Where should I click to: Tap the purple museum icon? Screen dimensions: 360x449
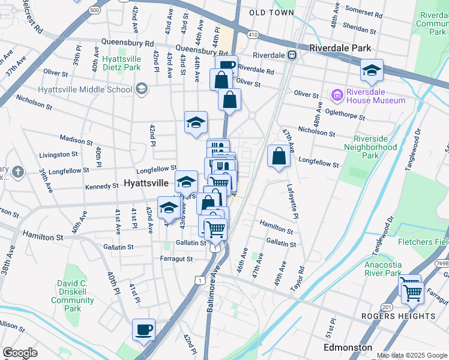pos(336,95)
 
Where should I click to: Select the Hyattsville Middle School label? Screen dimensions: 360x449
pos(84,90)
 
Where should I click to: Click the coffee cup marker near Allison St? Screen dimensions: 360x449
pos(144,330)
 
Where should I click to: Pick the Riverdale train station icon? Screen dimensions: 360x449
pos(292,55)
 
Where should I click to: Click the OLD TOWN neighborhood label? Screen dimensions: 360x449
pos(271,13)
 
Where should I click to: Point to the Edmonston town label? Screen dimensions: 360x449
pos(348,348)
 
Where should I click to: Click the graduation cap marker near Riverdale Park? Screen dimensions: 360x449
pos(372,72)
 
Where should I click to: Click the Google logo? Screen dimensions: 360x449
pos(20,353)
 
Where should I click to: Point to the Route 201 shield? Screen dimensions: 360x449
pos(388,307)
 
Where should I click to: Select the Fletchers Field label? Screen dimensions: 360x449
pos(423,242)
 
